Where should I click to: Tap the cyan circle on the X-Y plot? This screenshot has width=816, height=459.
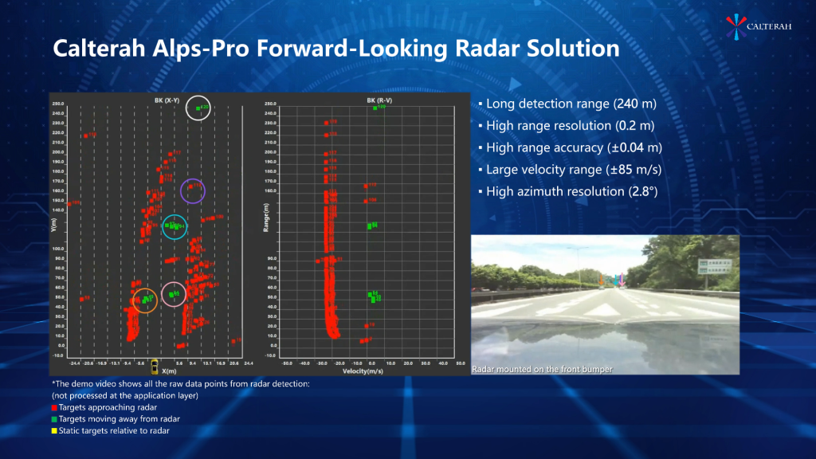point(174,226)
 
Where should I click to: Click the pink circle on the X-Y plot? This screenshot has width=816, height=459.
point(173,294)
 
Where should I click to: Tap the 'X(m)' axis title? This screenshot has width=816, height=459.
point(169,371)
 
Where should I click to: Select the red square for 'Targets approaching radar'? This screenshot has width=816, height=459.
point(54,407)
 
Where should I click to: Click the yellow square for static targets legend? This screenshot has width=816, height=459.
point(54,430)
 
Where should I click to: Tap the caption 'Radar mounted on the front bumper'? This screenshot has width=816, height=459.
point(542,369)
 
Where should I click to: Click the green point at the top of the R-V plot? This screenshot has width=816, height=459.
point(375,108)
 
